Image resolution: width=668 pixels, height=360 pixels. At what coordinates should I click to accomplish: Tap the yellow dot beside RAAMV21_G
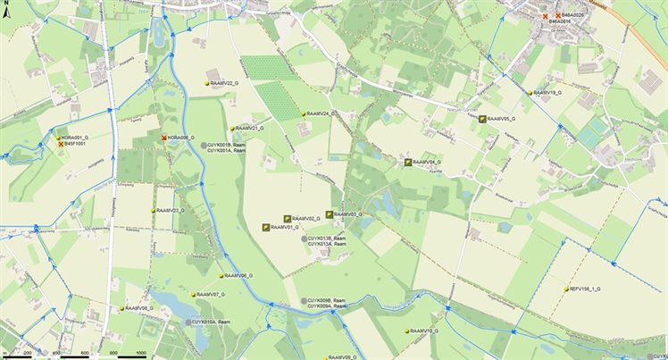232,129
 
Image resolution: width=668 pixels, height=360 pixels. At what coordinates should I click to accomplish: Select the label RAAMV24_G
320,114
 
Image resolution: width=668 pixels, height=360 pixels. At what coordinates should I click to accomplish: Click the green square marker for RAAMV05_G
482,119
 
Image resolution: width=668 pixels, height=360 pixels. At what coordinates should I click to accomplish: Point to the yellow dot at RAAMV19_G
530,93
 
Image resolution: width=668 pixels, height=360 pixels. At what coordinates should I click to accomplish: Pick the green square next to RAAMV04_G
408,163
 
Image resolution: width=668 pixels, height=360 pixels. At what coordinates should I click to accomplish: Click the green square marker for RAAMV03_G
330,214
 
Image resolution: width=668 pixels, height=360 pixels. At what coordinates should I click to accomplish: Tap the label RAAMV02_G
306,218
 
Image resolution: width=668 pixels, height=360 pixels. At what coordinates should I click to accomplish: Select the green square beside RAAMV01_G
266,228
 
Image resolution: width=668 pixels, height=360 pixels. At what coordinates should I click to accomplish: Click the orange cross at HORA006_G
164,138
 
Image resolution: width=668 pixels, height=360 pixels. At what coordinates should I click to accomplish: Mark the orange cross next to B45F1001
61,144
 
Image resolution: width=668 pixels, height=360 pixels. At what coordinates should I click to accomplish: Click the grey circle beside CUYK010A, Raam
189,322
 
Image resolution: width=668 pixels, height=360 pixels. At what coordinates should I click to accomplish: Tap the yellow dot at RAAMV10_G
406,331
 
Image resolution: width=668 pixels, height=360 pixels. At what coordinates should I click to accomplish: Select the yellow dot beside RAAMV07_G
193,294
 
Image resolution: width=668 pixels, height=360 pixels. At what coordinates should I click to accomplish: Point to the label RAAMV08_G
140,307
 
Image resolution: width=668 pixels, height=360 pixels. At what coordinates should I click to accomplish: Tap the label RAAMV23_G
170,211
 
